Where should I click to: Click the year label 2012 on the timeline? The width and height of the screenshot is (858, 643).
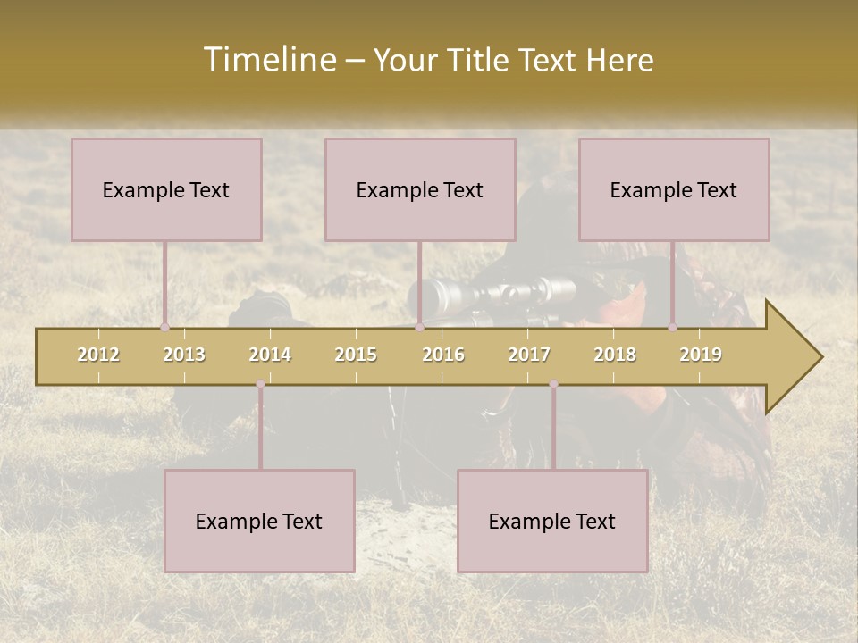point(98,355)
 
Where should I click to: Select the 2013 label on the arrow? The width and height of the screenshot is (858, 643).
point(184,355)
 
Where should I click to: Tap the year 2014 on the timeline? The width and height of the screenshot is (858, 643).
point(270,355)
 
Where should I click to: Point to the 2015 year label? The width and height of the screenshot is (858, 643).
point(356,355)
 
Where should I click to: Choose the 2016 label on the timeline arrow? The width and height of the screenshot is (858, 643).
point(443,355)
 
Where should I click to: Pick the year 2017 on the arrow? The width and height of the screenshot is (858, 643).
point(529,355)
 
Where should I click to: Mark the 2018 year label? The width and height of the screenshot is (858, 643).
point(615,355)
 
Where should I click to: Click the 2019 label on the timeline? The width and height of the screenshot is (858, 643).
point(701,355)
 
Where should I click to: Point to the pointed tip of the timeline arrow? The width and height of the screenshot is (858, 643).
point(820,357)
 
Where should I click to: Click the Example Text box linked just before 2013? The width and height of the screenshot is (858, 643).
point(166,189)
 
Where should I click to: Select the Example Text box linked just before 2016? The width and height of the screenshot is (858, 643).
point(420,189)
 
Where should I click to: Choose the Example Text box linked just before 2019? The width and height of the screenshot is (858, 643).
point(674,189)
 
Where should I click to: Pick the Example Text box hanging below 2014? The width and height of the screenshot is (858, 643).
point(259,521)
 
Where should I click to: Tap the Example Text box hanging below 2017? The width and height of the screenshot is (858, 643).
point(552,521)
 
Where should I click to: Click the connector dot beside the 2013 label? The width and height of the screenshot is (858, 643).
point(164,328)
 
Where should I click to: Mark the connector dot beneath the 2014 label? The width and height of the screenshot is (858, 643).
point(260,384)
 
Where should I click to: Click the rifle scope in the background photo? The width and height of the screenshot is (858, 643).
point(492,293)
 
